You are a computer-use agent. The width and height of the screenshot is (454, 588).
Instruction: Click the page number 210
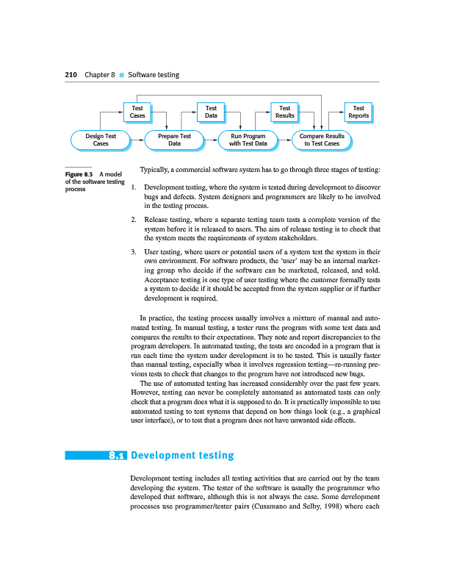(x=71, y=75)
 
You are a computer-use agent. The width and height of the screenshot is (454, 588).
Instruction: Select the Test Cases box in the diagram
(x=137, y=112)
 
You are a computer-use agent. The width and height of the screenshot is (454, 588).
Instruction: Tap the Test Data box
(x=211, y=112)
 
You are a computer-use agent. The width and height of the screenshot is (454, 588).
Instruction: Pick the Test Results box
(x=284, y=112)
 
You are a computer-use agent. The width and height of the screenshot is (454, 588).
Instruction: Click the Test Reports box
(x=358, y=112)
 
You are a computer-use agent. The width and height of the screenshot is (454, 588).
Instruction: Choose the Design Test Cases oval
(x=101, y=140)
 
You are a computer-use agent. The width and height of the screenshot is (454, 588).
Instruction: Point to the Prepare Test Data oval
(x=174, y=140)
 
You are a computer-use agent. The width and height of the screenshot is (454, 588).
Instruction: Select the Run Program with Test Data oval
(x=248, y=140)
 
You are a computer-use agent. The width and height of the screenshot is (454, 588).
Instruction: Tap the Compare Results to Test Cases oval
(x=322, y=140)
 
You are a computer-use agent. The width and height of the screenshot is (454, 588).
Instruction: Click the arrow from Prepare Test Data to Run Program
(x=212, y=140)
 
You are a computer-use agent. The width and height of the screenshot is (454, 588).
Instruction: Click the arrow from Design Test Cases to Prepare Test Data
(x=137, y=140)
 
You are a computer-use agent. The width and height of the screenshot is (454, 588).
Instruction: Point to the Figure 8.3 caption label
(x=78, y=174)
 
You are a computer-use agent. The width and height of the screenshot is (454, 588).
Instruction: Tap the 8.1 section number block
(x=118, y=456)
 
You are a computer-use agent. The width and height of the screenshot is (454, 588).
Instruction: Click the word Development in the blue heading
(x=173, y=456)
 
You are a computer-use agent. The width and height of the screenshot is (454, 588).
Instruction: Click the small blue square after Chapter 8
(x=123, y=76)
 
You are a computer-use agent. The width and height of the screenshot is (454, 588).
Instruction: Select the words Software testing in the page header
(x=154, y=75)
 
